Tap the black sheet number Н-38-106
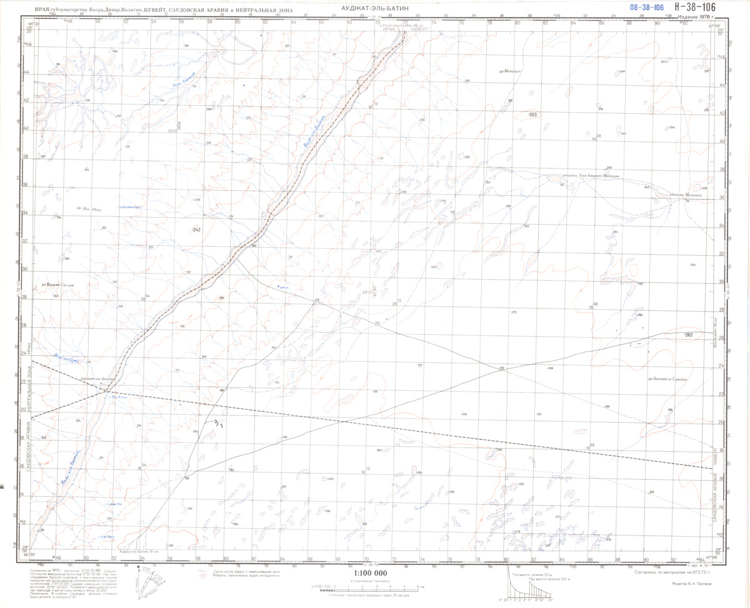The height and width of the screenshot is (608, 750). (x=691, y=7)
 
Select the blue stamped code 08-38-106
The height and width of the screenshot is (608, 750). (x=646, y=8)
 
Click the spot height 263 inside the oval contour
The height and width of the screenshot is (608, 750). (x=532, y=115)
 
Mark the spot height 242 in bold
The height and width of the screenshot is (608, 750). (x=196, y=231)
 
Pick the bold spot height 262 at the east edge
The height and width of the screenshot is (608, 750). (x=689, y=335)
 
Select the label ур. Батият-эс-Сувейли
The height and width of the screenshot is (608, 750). (x=668, y=378)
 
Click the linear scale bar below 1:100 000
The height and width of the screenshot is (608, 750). (x=371, y=587)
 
